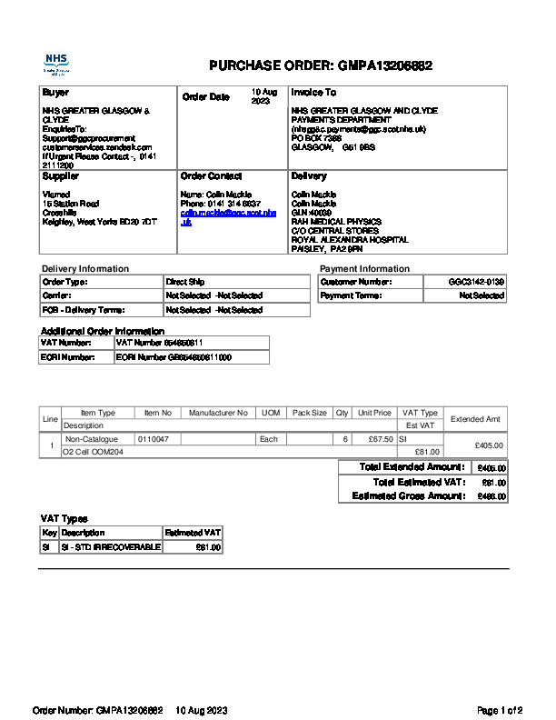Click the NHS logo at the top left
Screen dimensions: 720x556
[56, 64]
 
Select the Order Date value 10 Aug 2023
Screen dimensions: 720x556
[263, 96]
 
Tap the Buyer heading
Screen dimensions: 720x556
[55, 93]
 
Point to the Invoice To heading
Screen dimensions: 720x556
[313, 93]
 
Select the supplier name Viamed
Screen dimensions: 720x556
[56, 194]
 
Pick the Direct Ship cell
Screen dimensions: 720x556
[185, 282]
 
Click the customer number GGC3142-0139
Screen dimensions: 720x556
[476, 282]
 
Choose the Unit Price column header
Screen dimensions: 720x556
[374, 413]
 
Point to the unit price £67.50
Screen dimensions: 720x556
[374, 439]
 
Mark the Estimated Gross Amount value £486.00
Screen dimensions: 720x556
[491, 497]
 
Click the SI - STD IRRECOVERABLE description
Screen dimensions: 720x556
[110, 547]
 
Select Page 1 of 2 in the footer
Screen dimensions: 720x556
[500, 710]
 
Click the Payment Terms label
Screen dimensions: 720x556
[351, 295]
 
